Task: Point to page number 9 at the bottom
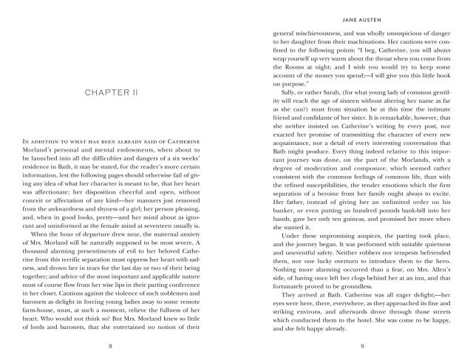click(347, 345)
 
